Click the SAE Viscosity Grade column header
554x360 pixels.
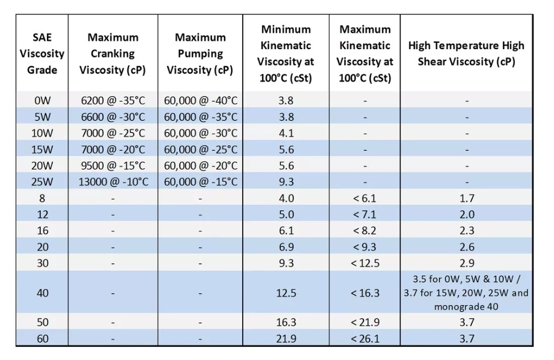point(42,54)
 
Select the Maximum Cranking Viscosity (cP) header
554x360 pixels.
point(113,54)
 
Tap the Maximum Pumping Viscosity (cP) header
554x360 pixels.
point(200,54)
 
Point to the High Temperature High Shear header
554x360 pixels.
point(466,54)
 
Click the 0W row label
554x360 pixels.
point(42,101)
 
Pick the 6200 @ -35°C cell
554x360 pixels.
point(113,101)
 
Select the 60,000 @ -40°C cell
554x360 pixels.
point(200,101)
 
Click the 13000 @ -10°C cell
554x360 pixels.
point(113,182)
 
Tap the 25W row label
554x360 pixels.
point(42,182)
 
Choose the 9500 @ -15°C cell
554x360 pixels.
point(113,166)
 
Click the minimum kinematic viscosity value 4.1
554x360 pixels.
point(286,133)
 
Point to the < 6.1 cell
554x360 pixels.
point(365,198)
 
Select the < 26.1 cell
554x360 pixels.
point(365,338)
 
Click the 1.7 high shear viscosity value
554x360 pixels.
point(466,198)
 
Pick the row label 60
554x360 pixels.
point(42,338)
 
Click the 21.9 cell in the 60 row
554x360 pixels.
point(286,338)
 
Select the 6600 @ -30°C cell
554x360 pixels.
point(113,117)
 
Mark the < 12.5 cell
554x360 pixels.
point(365,263)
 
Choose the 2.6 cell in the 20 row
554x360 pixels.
point(466,247)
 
